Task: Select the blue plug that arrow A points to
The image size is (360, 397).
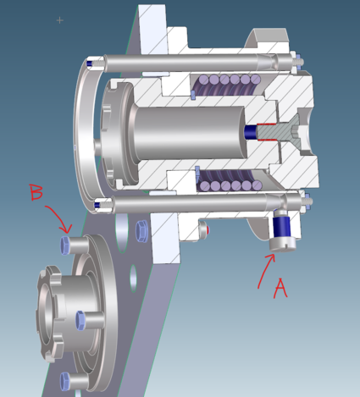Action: click(x=284, y=227)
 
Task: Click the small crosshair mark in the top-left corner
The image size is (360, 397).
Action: click(x=59, y=19)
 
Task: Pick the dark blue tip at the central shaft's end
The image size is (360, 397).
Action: click(x=251, y=132)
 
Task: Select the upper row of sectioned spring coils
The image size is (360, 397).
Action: click(x=226, y=83)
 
